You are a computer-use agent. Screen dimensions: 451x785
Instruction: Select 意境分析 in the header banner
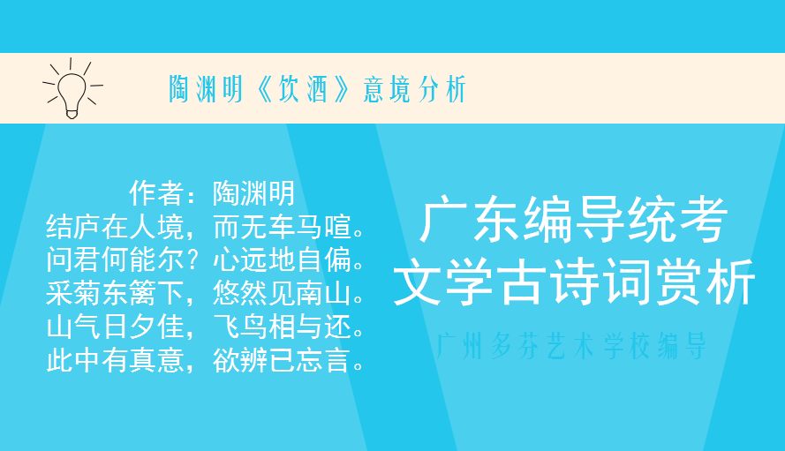(x=414, y=89)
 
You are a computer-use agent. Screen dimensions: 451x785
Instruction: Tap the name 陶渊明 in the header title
(x=206, y=89)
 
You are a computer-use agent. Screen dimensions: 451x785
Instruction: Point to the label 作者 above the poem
(x=155, y=193)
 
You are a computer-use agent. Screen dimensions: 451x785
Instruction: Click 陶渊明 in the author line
(x=253, y=193)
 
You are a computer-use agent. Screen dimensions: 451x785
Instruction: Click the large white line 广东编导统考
(x=574, y=221)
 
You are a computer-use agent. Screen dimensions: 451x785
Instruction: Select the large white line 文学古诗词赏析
(x=574, y=283)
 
